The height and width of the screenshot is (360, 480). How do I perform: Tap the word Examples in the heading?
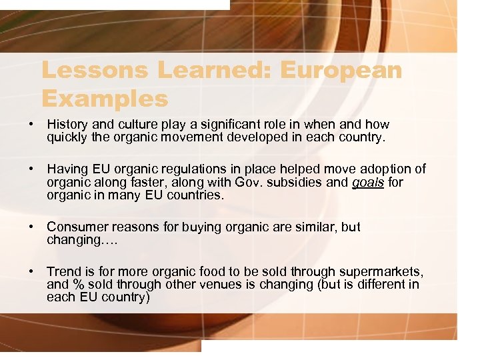pyautogui.click(x=105, y=99)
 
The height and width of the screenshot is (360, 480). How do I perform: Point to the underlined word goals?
pyautogui.click(x=369, y=183)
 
